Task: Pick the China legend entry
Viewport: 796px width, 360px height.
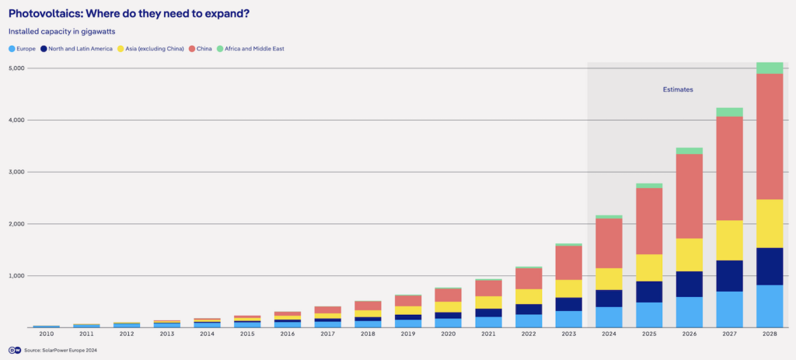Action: (201, 49)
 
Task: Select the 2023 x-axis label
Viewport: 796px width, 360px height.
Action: (568, 334)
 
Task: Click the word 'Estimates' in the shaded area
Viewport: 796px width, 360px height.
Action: (677, 90)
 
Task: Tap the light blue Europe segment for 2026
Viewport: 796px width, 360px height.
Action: (689, 312)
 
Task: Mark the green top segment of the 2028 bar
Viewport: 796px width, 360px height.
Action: (770, 68)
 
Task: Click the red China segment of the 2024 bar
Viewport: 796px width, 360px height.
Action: (609, 243)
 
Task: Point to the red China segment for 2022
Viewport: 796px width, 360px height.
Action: (528, 278)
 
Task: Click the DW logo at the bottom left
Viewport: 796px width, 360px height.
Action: (14, 350)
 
